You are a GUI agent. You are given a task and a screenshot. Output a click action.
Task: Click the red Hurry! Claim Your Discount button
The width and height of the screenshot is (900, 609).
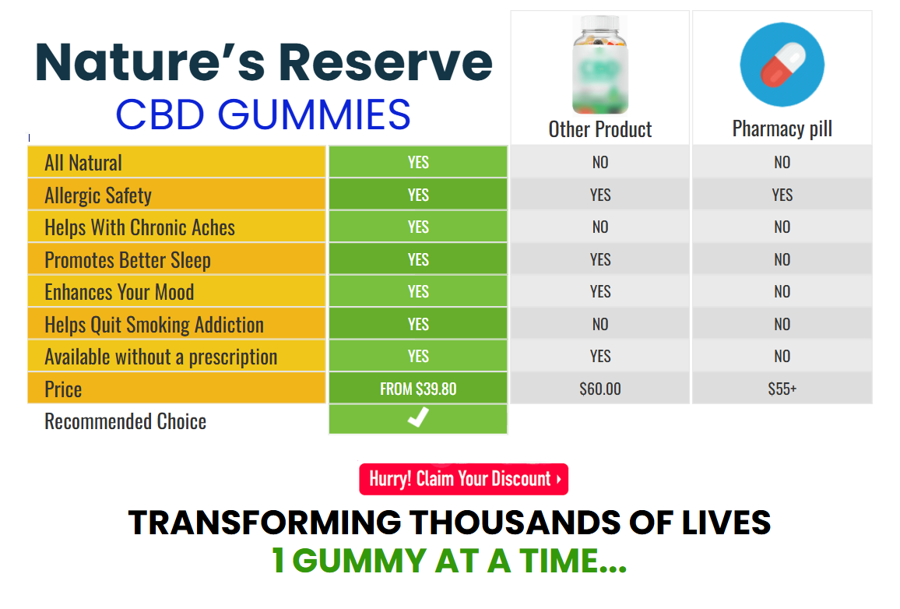[464, 479]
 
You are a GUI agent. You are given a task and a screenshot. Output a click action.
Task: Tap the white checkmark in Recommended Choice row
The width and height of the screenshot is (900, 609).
[418, 417]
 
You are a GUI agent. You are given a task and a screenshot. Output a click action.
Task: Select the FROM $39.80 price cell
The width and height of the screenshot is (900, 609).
[418, 389]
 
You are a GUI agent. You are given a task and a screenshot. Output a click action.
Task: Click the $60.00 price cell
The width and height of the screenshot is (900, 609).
[599, 389]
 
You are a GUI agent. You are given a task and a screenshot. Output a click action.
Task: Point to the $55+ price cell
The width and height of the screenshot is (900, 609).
[782, 389]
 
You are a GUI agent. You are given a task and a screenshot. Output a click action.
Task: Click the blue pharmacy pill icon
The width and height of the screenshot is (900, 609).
[782, 65]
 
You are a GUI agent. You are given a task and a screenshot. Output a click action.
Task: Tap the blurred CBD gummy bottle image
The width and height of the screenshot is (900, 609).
[600, 65]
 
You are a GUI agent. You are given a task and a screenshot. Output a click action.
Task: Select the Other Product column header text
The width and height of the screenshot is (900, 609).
[600, 129]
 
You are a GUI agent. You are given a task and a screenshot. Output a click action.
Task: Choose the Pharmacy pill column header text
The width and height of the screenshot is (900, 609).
[782, 129]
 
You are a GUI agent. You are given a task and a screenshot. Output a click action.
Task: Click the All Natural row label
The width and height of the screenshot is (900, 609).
[83, 163]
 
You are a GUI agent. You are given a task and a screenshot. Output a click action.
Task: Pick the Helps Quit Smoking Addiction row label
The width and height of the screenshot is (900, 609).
[154, 325]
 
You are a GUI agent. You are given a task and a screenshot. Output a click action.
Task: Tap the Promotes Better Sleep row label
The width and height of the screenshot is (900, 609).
[128, 260]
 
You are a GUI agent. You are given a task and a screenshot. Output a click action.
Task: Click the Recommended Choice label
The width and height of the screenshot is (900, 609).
[125, 421]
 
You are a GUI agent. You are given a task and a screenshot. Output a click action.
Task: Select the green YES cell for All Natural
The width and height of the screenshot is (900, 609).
[418, 162]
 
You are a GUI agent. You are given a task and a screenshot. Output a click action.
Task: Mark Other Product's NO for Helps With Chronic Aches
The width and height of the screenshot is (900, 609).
[599, 227]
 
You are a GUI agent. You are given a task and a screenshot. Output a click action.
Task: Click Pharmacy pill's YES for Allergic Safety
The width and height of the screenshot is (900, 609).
[782, 195]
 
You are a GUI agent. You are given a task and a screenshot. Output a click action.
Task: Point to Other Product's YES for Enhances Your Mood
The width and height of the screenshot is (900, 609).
[599, 291]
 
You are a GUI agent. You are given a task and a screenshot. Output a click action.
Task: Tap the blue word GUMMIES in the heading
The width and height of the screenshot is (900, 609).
[314, 114]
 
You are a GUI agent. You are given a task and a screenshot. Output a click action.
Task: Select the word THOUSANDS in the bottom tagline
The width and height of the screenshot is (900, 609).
[515, 523]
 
